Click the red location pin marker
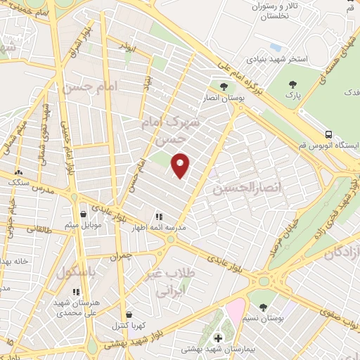(181, 165)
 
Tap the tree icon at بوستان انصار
(224, 86)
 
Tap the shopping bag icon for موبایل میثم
(84, 214)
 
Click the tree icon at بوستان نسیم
(263, 307)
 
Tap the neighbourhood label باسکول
(79, 271)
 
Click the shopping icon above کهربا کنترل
(128, 314)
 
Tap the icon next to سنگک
(18, 172)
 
